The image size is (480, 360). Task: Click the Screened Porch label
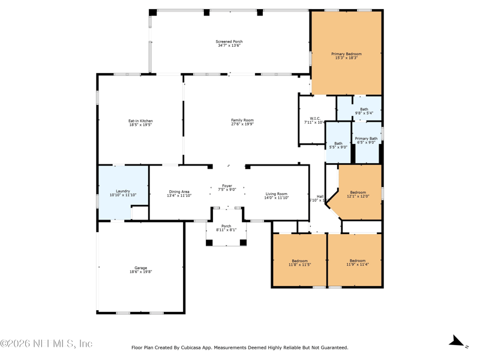click(229, 41)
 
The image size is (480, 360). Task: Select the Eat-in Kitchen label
click(140, 121)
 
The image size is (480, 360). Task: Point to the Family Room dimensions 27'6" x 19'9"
click(242, 124)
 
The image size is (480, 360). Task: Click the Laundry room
click(123, 192)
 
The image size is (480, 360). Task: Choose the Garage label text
click(140, 268)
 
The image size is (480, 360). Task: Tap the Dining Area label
click(179, 192)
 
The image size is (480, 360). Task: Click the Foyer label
click(227, 186)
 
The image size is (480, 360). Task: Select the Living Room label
click(277, 194)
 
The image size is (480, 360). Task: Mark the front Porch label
click(226, 226)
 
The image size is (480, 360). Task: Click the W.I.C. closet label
click(315, 118)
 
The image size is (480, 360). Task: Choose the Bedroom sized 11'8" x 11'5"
click(299, 262)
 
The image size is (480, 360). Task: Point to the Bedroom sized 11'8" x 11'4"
click(357, 262)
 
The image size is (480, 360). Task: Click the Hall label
click(320, 196)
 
